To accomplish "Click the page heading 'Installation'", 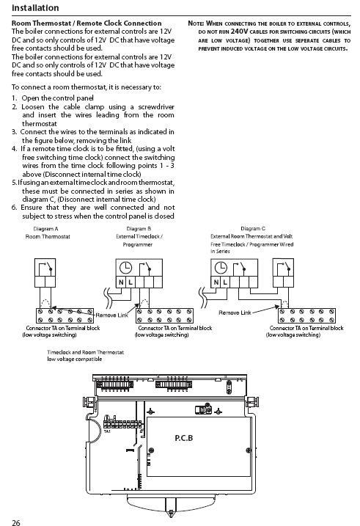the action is pos(35,8).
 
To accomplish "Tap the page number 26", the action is pos(15,522).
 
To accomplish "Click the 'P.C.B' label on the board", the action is pos(184,438).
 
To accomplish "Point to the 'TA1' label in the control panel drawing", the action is pos(107,431).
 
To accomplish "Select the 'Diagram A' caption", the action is pos(45,229).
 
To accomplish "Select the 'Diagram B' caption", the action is pos(139,229).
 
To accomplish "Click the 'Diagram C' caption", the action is pos(253,228).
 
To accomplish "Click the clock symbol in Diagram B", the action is pos(125,268).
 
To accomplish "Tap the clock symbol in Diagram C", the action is pos(221,268).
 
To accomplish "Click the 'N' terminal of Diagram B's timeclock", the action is pos(121,282).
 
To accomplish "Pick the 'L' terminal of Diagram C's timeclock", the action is pos(225,282).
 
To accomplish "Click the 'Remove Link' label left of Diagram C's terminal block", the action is pos(235,313).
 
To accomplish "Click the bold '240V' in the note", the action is pos(239,32).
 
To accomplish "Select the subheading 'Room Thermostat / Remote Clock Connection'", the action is pos(87,23).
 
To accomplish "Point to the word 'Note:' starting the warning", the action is pos(196,23).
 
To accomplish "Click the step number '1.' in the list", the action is pos(15,98).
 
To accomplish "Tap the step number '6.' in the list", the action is pos(15,208).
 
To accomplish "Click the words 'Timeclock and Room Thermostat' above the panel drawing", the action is pos(86,352).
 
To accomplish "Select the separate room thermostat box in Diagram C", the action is pos(283,273).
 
